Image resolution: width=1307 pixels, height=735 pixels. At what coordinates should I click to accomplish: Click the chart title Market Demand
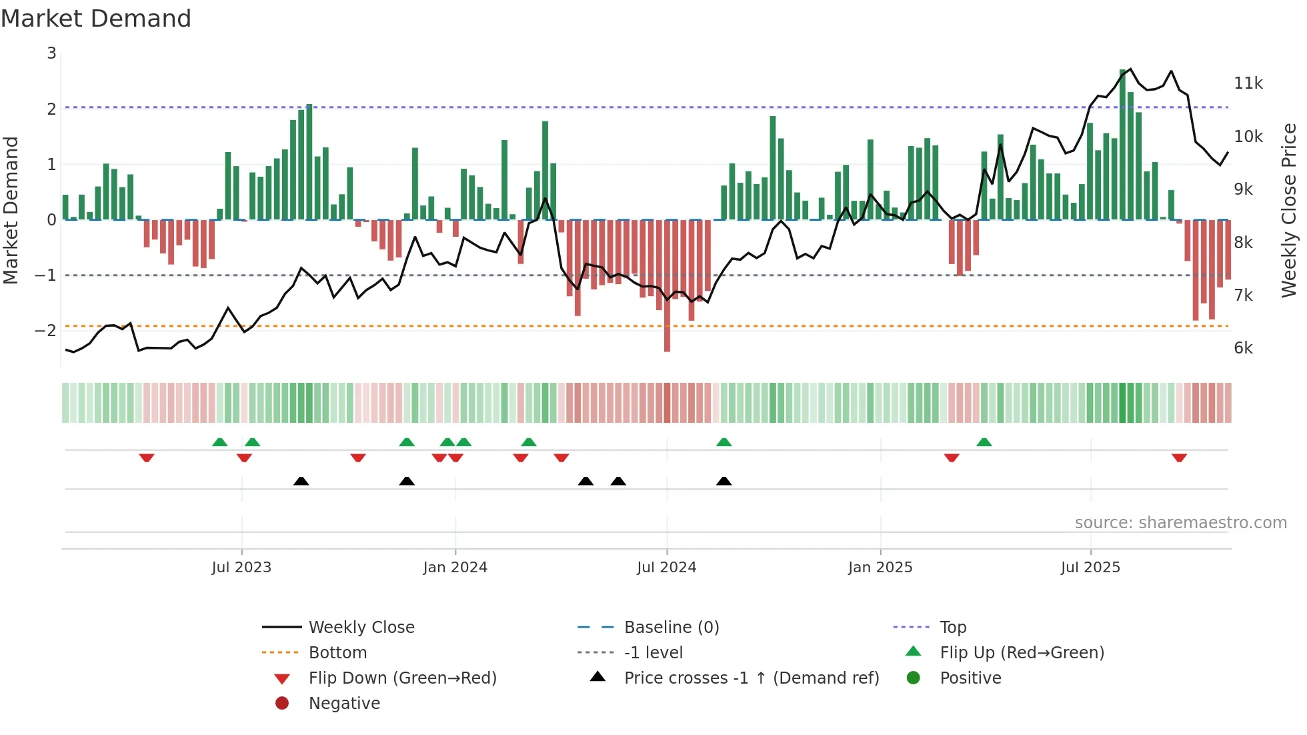click(x=96, y=19)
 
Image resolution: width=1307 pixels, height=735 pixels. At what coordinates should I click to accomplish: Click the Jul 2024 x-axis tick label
click(x=666, y=568)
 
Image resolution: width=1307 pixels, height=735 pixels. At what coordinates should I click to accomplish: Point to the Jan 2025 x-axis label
click(x=880, y=568)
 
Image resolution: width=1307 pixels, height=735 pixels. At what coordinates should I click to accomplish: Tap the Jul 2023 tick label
click(x=241, y=568)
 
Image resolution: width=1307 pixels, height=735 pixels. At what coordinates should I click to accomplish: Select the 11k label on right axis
click(x=1248, y=83)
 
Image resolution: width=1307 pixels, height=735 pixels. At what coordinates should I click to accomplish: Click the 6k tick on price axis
click(x=1243, y=348)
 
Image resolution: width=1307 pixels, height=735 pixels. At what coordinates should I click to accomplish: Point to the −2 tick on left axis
click(x=45, y=331)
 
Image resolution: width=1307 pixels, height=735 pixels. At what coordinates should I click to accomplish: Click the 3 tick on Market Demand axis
click(x=51, y=53)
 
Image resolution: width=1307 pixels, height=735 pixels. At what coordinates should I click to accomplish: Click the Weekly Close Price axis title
click(x=1289, y=210)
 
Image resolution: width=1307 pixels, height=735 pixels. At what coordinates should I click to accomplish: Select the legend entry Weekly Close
click(x=361, y=628)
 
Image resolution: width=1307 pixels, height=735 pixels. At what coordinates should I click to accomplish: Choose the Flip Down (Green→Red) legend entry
click(x=402, y=678)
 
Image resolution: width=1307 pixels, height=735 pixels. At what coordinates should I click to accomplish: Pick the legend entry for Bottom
click(x=337, y=653)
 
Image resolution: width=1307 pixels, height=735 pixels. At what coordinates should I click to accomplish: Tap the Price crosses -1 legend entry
click(x=751, y=678)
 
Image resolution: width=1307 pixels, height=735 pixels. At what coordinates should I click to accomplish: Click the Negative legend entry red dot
click(x=282, y=704)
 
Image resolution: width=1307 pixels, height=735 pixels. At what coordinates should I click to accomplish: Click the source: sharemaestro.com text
click(x=1180, y=523)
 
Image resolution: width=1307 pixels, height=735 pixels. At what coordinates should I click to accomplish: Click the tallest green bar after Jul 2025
click(x=1122, y=144)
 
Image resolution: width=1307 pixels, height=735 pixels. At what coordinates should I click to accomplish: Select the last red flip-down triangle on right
click(x=1179, y=458)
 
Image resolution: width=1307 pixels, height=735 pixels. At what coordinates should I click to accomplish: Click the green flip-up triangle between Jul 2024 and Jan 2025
click(x=724, y=442)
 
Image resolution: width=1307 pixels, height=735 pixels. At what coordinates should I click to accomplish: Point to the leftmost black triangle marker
click(x=301, y=481)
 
